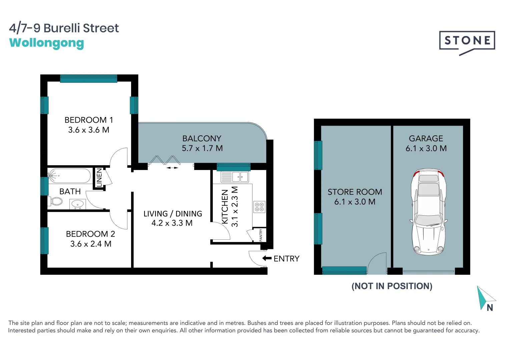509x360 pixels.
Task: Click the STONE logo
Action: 467,41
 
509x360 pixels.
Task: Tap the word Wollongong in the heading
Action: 46,43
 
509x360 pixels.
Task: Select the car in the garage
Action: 429,212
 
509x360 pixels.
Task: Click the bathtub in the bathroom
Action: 69,176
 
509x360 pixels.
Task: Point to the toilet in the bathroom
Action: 56,201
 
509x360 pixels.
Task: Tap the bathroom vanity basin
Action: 78,204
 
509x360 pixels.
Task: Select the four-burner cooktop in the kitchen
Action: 259,207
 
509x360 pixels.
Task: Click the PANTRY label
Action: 261,235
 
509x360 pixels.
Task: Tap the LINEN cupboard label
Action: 99,178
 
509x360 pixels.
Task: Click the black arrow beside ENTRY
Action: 267,258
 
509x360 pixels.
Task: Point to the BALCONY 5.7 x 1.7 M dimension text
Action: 202,148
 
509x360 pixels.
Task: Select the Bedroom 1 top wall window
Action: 88,79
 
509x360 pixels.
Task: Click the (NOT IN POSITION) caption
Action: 392,286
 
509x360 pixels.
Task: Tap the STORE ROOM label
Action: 355,192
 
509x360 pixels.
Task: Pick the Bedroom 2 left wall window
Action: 44,240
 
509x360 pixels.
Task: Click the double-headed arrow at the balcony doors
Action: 172,168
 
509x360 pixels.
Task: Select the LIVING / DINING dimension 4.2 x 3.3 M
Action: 172,223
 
